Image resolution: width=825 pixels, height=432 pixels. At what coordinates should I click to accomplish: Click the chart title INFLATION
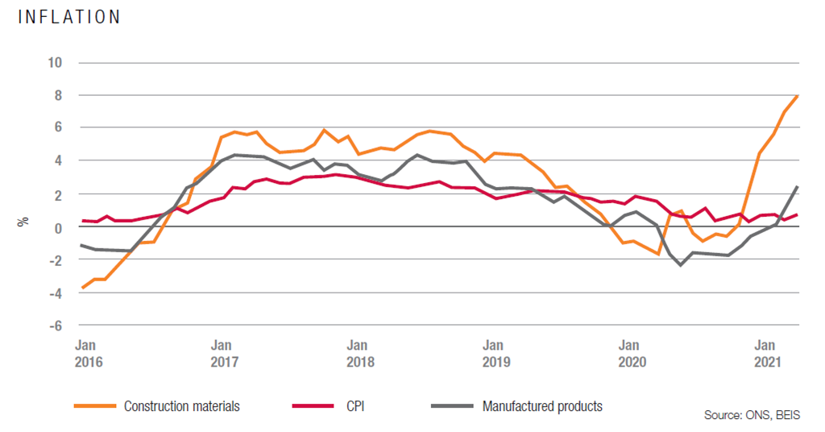point(68,17)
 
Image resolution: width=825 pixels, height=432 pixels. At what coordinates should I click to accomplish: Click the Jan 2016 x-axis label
point(89,354)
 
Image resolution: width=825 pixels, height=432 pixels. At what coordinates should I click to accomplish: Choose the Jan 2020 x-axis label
point(631,354)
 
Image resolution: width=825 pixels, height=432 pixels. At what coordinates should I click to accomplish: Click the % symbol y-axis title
point(23,220)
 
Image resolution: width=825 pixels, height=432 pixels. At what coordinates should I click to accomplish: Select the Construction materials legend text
point(181,406)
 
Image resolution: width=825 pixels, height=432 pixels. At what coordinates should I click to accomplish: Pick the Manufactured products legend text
point(542,406)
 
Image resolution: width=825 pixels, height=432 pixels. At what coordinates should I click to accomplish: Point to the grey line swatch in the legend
point(452,406)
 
